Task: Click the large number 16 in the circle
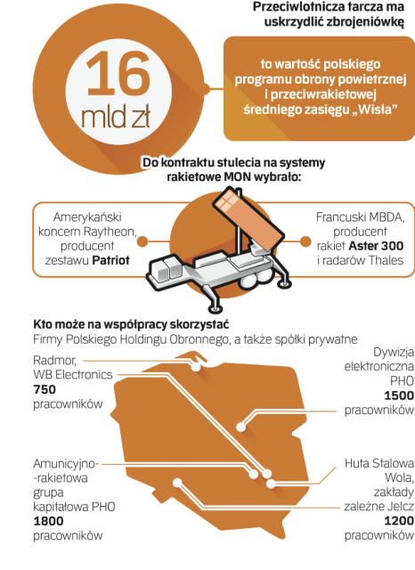pos(118,74)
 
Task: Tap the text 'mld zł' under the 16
pos(116,117)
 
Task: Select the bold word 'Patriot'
pos(110,260)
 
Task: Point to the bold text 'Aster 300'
pos(376,246)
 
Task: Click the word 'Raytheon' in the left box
pos(110,232)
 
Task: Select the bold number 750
pos(45,389)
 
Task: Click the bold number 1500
pos(399,395)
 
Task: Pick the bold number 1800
pos(48,521)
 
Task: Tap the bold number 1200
pos(399,521)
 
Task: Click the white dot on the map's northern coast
pos(196,367)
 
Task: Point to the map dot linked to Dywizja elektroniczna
pos(240,427)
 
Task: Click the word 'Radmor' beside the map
pos(54,360)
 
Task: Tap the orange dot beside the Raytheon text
pos(142,241)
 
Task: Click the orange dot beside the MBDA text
pos(305,241)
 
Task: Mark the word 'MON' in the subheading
pos(239,177)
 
